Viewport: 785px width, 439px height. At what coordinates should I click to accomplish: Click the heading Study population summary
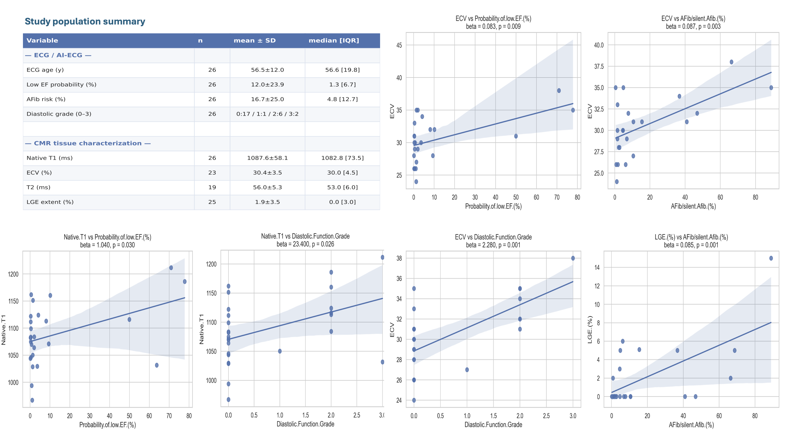coord(85,21)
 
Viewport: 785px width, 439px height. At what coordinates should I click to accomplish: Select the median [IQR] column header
coord(334,41)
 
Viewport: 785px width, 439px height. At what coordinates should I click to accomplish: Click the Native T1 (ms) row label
coord(50,158)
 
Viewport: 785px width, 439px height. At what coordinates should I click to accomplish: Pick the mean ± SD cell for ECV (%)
coord(267,173)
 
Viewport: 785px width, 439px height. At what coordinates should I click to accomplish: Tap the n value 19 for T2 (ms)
coord(212,187)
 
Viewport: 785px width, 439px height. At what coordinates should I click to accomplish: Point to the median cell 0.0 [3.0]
coord(342,202)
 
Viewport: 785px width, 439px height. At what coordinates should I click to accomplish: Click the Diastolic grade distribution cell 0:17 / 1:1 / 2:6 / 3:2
coord(267,114)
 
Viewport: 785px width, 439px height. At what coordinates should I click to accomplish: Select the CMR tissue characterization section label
coord(88,143)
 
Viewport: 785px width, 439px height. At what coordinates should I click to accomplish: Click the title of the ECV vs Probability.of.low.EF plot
coord(493,19)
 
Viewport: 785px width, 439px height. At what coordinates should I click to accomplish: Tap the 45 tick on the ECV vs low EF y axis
coord(399,45)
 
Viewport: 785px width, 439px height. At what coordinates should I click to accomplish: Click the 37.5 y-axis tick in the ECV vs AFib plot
coord(599,67)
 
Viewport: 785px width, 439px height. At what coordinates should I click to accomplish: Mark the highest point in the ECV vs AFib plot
coord(731,62)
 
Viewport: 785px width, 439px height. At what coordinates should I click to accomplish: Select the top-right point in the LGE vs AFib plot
coord(771,258)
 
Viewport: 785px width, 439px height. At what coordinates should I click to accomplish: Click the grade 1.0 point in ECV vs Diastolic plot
coord(467,370)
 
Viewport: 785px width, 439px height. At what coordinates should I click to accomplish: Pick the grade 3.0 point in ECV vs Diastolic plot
coord(573,258)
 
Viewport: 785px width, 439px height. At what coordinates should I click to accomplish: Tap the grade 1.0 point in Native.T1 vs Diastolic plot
coord(280,351)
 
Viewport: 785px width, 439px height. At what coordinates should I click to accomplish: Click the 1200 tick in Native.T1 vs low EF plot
coord(13,274)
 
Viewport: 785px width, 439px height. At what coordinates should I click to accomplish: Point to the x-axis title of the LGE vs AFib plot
coord(691,425)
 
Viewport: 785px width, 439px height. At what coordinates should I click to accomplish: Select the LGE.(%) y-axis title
coord(590,329)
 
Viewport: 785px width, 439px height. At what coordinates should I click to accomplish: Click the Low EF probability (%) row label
coord(61,85)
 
